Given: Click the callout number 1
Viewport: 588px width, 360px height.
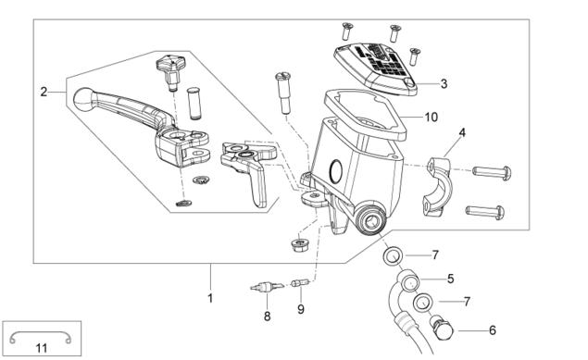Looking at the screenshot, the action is pyautogui.click(x=210, y=298).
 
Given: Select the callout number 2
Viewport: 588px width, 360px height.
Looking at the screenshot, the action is pyautogui.click(x=44, y=92).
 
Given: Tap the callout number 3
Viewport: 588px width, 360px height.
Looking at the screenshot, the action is pyautogui.click(x=444, y=83).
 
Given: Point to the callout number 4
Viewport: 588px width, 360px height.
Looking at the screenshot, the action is pyautogui.click(x=462, y=132).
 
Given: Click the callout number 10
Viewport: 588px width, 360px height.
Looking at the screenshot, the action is pyautogui.click(x=431, y=118).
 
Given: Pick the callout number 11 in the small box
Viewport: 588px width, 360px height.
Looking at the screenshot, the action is pyautogui.click(x=42, y=348).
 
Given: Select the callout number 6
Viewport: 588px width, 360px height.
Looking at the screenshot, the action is pyautogui.click(x=493, y=330).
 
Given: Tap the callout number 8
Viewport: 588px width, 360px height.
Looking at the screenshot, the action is pyautogui.click(x=267, y=317).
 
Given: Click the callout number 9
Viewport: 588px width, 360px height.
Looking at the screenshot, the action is pyautogui.click(x=301, y=309).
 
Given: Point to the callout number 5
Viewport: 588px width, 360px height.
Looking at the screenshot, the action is pyautogui.click(x=450, y=279).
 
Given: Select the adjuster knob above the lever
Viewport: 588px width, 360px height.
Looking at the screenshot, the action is pyautogui.click(x=169, y=71).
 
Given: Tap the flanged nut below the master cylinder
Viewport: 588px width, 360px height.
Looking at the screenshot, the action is pyautogui.click(x=300, y=245).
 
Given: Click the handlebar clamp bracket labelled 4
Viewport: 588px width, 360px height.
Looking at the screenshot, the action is pyautogui.click(x=438, y=185).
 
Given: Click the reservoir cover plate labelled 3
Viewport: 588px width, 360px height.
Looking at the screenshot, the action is pyautogui.click(x=375, y=68).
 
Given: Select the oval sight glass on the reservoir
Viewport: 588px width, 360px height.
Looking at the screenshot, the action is pyautogui.click(x=335, y=171).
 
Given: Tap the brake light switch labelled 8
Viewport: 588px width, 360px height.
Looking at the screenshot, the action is pyautogui.click(x=265, y=287).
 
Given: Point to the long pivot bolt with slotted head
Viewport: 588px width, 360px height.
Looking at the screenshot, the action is pyautogui.click(x=284, y=93).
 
